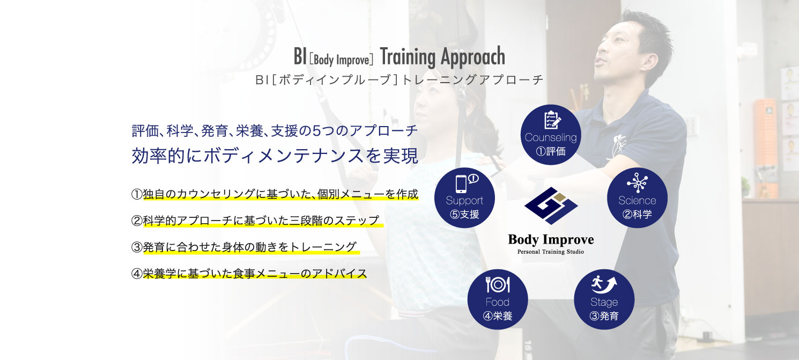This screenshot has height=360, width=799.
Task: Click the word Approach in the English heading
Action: (473, 57)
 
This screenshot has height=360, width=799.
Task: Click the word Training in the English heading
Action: (408, 57)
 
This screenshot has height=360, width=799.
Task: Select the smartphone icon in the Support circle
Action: (461, 184)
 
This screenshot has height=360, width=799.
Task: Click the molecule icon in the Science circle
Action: (638, 182)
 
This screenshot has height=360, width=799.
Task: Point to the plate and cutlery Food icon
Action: (498, 285)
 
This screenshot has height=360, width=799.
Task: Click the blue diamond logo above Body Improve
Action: (551, 205)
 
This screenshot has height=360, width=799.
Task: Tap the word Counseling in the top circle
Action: (551, 137)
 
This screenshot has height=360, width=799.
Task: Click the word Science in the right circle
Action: (638, 201)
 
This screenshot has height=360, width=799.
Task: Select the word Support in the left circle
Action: (464, 201)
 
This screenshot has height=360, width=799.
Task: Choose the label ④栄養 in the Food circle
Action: (498, 316)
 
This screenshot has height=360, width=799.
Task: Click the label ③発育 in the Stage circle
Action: (604, 316)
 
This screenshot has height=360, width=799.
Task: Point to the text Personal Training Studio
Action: (551, 252)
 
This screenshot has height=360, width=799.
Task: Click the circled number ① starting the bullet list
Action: (137, 194)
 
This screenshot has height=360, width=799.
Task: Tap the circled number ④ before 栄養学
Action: (137, 274)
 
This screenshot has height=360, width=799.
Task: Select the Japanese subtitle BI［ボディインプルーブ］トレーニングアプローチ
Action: (399, 80)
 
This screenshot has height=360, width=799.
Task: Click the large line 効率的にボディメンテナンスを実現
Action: (275, 156)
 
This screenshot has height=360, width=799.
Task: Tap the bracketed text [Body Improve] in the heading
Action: (342, 60)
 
